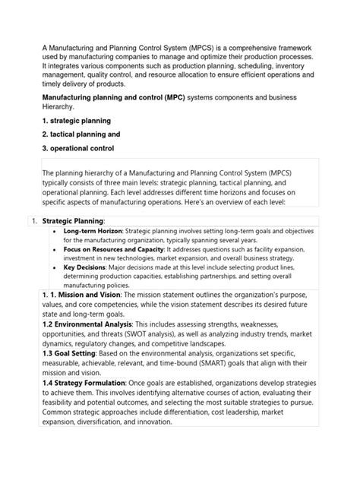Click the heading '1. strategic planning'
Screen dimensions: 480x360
tap(76, 121)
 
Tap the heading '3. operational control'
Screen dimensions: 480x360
tap(79, 148)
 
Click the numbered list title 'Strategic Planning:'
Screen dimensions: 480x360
tap(73, 220)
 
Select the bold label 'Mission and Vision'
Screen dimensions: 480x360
tap(89, 294)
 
